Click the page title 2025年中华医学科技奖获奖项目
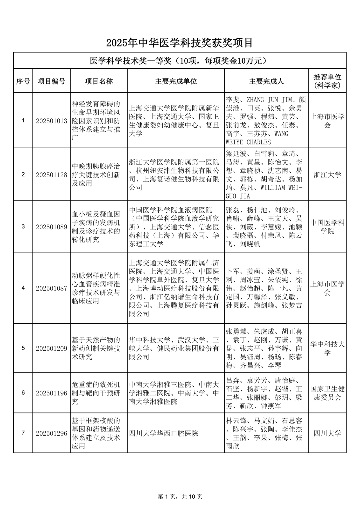click(x=180, y=43)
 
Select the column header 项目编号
click(x=51, y=81)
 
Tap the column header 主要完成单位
click(x=176, y=81)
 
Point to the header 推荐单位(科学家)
click(x=327, y=81)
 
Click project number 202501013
click(x=51, y=121)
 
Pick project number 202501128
click(x=51, y=175)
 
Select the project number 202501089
click(x=51, y=227)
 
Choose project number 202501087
click(x=51, y=288)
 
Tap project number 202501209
click(x=51, y=348)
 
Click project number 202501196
click(x=51, y=393)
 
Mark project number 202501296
click(x=51, y=433)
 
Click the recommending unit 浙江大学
click(x=327, y=175)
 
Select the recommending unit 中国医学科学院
click(x=327, y=227)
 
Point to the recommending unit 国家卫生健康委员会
click(x=327, y=393)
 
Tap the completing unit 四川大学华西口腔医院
click(x=163, y=433)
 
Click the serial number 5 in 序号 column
click(x=23, y=348)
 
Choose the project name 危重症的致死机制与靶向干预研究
click(x=96, y=393)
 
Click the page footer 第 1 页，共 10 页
click(x=180, y=496)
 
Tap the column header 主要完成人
click(x=266, y=81)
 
